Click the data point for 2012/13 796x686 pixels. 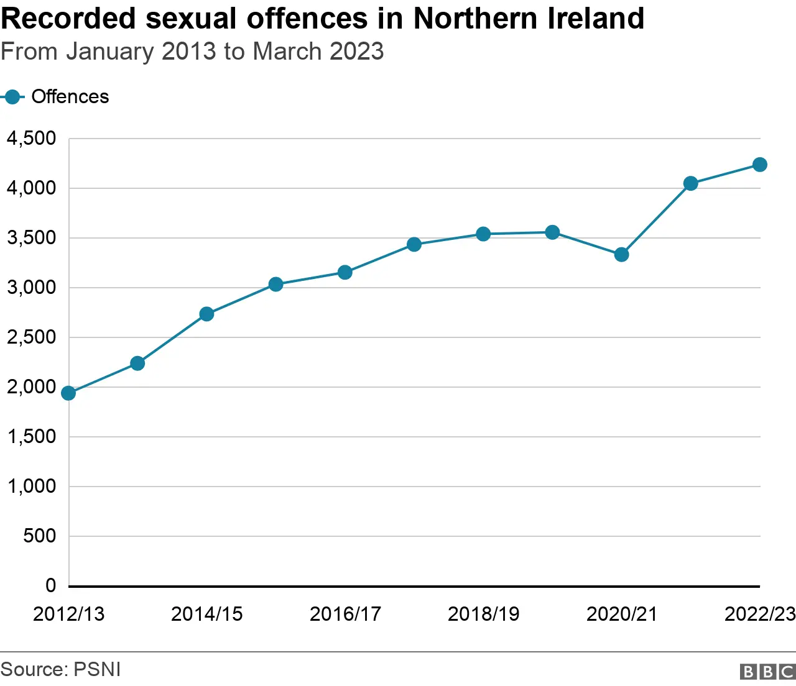[x=68, y=393]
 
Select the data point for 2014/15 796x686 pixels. [x=206, y=314]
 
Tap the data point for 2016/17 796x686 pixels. [x=345, y=272]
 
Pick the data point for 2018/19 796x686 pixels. [x=483, y=234]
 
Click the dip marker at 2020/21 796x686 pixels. [x=621, y=254]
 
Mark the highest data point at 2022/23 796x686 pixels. [x=759, y=164]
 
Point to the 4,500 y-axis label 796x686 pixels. [x=31, y=138]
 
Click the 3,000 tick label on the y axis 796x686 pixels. [x=31, y=287]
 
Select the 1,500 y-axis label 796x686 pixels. [x=31, y=436]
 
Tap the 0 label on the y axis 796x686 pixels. [x=50, y=585]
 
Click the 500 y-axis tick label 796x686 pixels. [x=39, y=536]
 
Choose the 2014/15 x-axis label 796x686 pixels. [x=206, y=614]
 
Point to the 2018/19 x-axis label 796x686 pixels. [x=483, y=614]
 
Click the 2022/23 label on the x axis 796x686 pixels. [x=759, y=614]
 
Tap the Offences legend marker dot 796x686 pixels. [x=11, y=97]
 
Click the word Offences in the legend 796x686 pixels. [x=70, y=97]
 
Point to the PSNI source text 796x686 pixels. [x=97, y=669]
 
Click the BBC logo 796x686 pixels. [x=767, y=671]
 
